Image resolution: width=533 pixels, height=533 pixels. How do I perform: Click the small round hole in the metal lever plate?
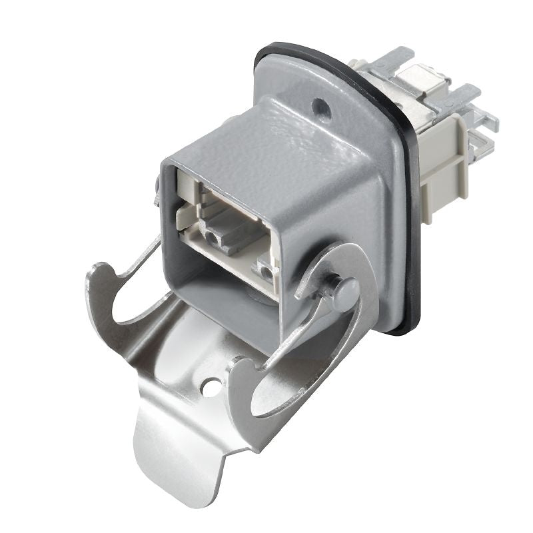tap(213, 386)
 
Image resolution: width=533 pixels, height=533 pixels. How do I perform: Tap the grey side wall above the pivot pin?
tap(333, 220)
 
